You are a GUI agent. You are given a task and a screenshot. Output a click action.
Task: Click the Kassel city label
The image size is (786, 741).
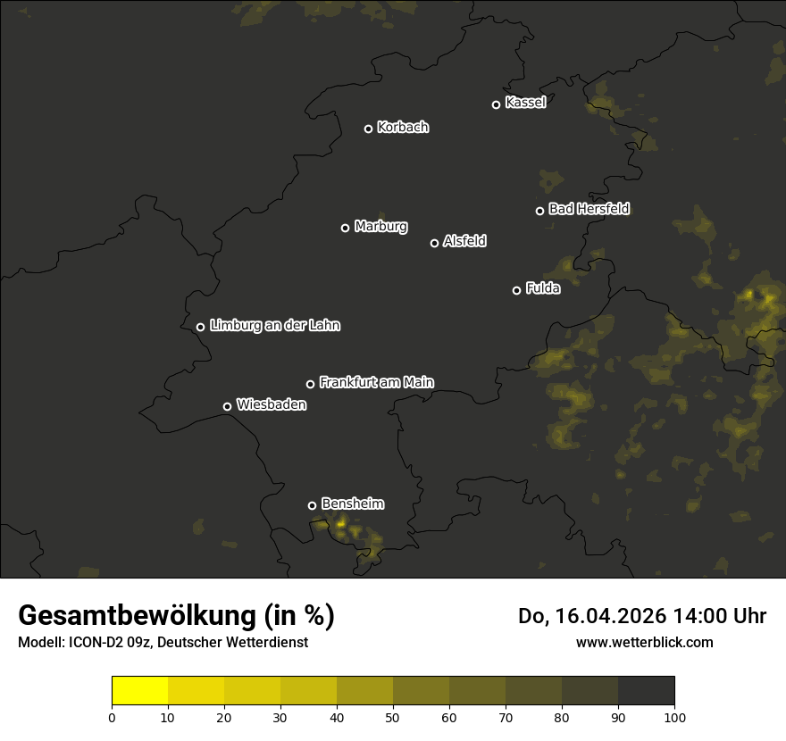[525, 103]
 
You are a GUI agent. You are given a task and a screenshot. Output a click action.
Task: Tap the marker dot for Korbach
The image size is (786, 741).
[368, 129]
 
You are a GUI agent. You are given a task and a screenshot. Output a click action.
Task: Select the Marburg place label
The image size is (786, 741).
[380, 227]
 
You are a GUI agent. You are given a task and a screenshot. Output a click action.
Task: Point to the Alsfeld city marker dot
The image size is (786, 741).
[435, 243]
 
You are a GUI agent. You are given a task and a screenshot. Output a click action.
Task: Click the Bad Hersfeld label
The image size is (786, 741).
[589, 209]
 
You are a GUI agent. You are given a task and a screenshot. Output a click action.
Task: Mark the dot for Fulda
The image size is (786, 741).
[516, 290]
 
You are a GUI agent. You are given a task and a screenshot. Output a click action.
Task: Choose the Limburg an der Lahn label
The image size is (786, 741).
[274, 326]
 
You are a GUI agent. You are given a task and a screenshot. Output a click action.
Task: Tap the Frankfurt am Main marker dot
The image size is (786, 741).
[311, 384]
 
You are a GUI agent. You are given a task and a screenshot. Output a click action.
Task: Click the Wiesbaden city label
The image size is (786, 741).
[271, 405]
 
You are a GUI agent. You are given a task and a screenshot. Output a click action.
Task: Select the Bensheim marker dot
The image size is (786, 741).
[312, 505]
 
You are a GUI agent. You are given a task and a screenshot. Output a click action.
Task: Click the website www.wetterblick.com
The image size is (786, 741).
[644, 642]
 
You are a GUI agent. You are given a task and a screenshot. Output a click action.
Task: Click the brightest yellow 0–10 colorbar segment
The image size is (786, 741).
[140, 691]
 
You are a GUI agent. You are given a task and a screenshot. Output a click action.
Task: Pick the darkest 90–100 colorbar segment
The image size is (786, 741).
[646, 691]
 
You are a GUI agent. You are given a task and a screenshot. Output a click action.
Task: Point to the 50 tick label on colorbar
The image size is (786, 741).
[393, 717]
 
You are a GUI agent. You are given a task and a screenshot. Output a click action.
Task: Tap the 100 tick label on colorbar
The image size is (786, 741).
[674, 717]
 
